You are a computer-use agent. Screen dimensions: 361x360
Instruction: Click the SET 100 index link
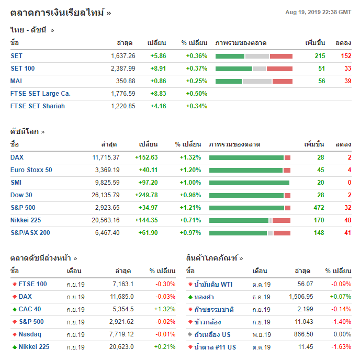[x=22, y=68]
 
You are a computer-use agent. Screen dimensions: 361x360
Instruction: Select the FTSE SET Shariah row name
[x=38, y=106]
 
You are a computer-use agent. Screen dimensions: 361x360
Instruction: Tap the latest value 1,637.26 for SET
[x=123, y=55]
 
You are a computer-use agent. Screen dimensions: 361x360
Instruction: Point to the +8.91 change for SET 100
[x=158, y=68]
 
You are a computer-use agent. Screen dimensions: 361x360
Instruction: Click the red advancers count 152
[x=346, y=55]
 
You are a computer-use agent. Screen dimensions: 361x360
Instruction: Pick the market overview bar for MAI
[x=254, y=81]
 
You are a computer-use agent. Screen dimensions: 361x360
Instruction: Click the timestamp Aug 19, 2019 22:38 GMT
[x=318, y=12]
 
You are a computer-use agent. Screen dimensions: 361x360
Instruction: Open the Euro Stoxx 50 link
[x=31, y=170]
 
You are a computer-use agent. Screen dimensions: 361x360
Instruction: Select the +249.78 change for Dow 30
[x=146, y=195]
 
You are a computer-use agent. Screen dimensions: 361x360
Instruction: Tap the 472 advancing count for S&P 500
[x=319, y=207]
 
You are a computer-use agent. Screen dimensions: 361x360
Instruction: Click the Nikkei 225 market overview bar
[x=250, y=220]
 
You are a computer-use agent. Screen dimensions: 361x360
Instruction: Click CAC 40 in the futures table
[x=30, y=309]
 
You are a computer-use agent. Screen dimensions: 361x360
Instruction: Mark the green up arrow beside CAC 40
[x=14, y=309]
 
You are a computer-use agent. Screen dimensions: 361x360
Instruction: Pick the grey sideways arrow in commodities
[x=190, y=334]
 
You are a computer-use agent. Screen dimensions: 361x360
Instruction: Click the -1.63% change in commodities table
[x=341, y=347]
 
